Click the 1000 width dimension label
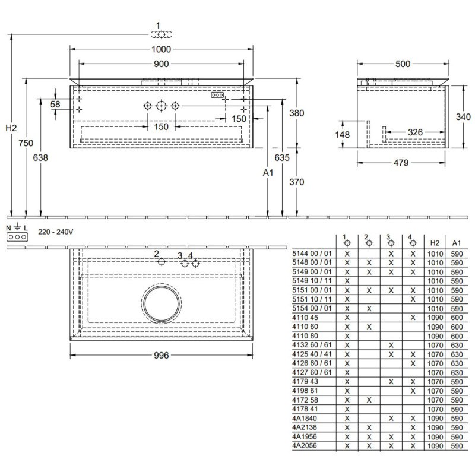coord(161,49)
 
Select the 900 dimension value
coord(161,64)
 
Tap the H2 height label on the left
coord(11,128)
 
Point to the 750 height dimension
coord(26,142)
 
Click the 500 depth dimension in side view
coord(403,64)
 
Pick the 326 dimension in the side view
coord(415,132)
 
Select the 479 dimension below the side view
coord(401,163)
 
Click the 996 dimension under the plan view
coord(161,355)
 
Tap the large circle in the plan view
coord(161,303)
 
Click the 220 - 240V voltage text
coord(55,232)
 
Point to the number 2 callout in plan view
coord(156,254)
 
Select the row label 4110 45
coord(305,318)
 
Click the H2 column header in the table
coord(435,243)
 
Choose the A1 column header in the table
coord(457,243)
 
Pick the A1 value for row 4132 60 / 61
coord(457,346)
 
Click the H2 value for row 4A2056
coord(435,446)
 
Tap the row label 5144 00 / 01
coord(312,254)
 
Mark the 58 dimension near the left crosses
coord(55,104)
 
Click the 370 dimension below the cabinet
coord(296,182)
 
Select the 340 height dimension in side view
coord(463,116)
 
